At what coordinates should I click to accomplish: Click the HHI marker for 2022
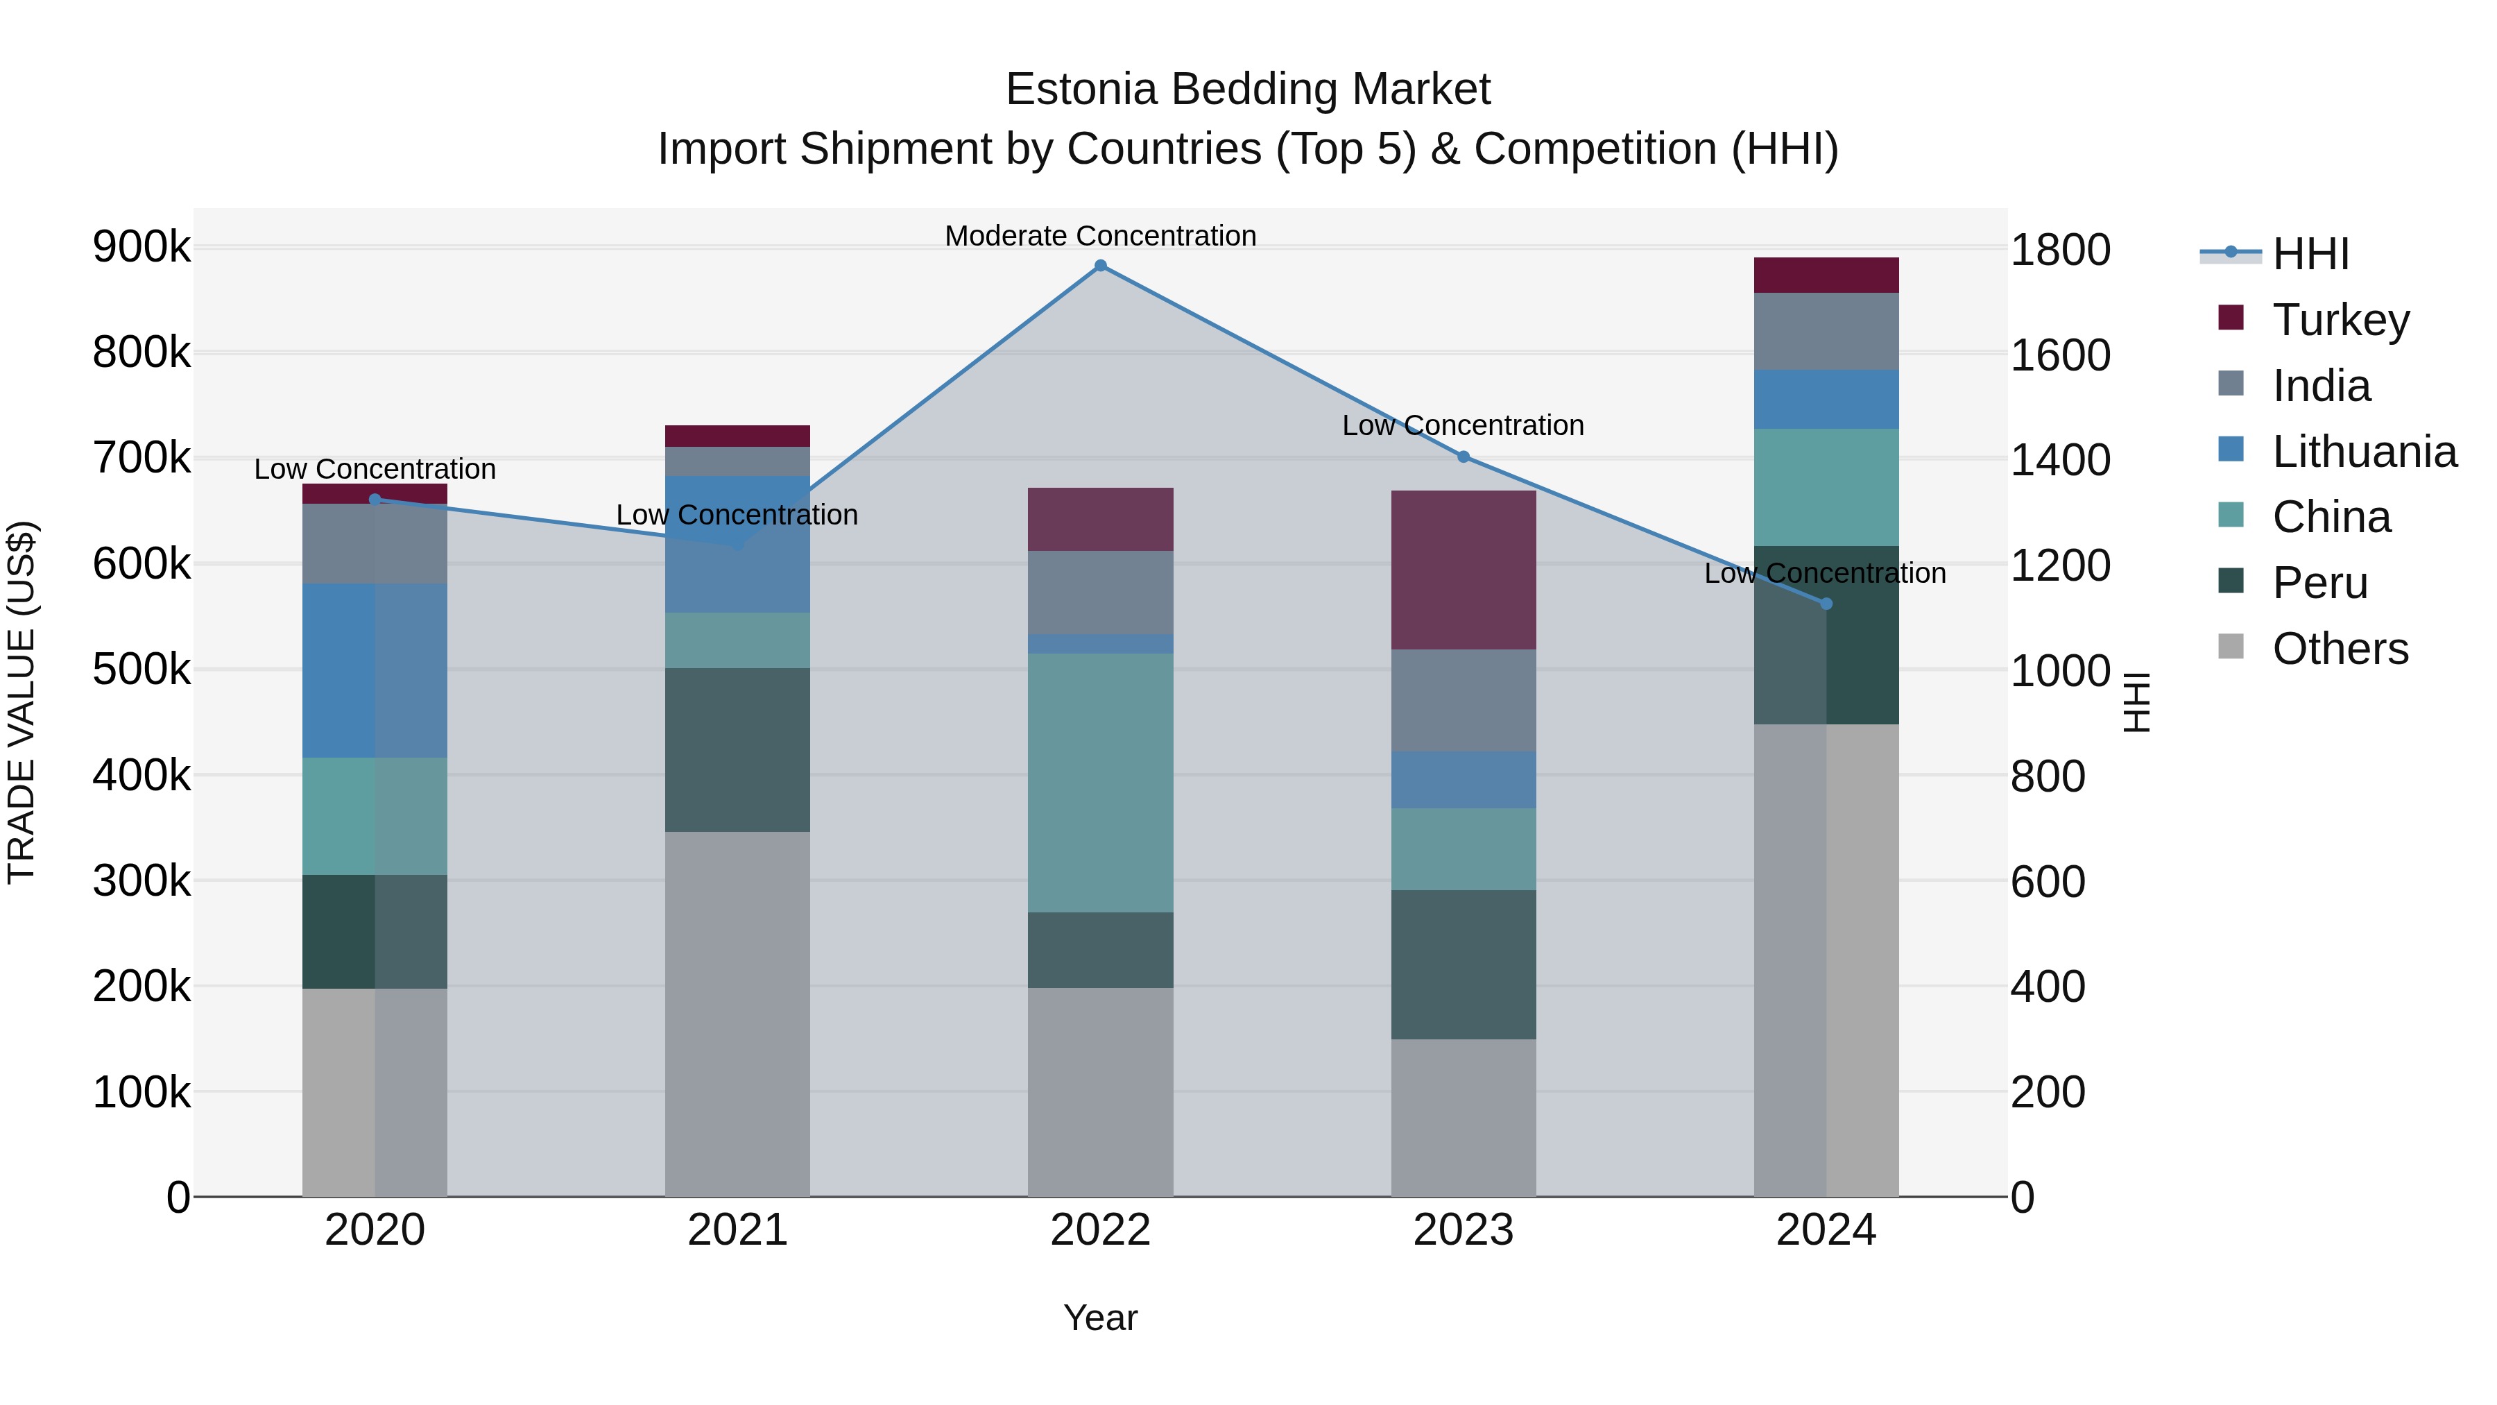coord(1100,266)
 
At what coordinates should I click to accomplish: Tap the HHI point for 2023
coord(1464,457)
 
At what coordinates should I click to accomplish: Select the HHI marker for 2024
coord(1826,604)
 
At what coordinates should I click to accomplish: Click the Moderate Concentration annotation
coord(1100,236)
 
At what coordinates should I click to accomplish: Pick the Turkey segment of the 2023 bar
coord(1464,570)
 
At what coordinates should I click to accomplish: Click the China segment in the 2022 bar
coord(1100,783)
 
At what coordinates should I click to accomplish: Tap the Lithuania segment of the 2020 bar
coord(375,670)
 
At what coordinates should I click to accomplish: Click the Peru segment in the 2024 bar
coord(1826,659)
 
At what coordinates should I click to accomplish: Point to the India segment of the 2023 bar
coord(1464,700)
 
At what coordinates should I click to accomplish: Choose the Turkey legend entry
coord(2340,320)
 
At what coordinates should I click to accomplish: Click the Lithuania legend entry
coord(2363,452)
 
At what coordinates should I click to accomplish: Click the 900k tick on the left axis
coord(141,247)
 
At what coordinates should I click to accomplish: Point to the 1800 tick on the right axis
coord(2060,250)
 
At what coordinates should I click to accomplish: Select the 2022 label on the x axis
coord(1100,1230)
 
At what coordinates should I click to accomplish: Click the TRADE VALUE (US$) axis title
coord(22,702)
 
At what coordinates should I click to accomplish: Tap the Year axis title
coord(1100,1318)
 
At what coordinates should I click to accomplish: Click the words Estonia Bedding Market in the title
coord(1248,90)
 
